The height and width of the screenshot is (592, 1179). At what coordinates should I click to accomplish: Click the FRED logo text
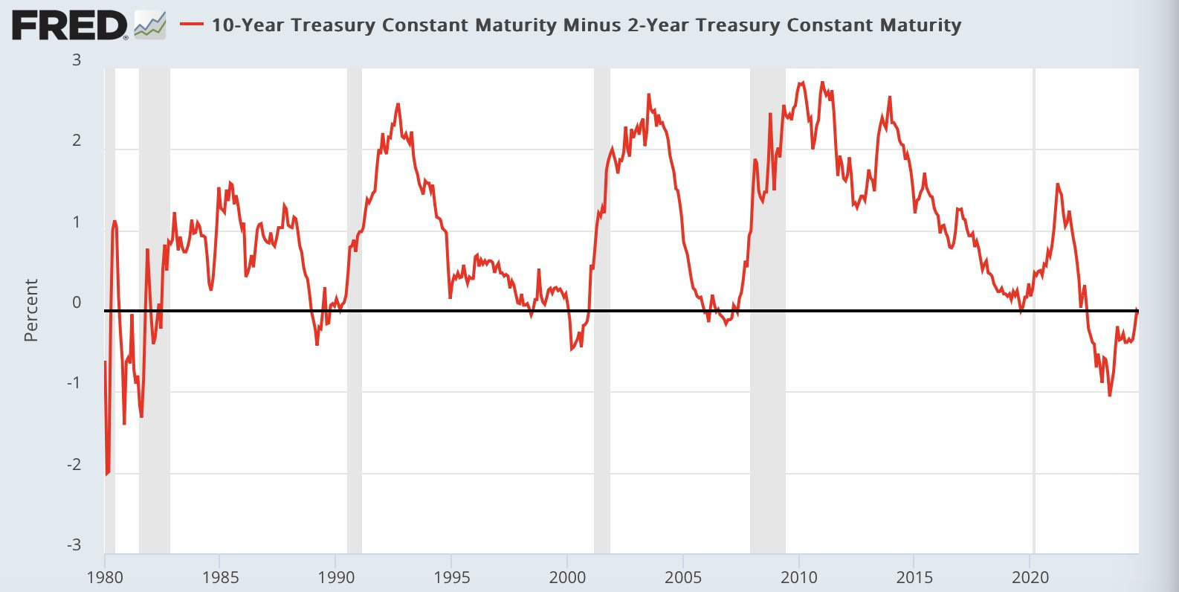[x=68, y=26]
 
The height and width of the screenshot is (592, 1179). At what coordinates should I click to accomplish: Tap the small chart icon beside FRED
[x=149, y=25]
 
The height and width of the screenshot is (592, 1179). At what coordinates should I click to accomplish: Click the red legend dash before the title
[x=192, y=25]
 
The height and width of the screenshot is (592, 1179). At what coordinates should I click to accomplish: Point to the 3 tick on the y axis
[x=77, y=60]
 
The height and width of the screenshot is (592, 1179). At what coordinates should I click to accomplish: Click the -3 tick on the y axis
[x=74, y=544]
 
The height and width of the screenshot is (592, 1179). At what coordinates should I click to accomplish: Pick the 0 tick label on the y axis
[x=77, y=303]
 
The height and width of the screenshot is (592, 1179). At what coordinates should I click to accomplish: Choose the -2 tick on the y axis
[x=74, y=465]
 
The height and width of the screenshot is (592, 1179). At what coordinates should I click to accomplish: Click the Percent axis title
[x=30, y=310]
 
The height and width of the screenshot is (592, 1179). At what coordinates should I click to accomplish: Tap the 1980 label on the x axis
[x=105, y=577]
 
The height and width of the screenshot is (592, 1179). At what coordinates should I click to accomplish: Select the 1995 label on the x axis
[x=451, y=577]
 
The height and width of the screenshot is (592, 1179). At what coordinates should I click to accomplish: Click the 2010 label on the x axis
[x=798, y=577]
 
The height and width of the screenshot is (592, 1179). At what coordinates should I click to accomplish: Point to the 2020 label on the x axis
[x=1030, y=577]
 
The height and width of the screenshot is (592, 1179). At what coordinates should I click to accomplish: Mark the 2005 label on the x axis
[x=683, y=577]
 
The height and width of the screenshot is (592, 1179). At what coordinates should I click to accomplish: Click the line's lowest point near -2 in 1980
[x=106, y=474]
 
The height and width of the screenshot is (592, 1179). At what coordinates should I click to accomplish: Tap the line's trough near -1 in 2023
[x=1110, y=396]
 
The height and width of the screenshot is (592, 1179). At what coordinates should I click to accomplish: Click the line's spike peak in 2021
[x=1057, y=184]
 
